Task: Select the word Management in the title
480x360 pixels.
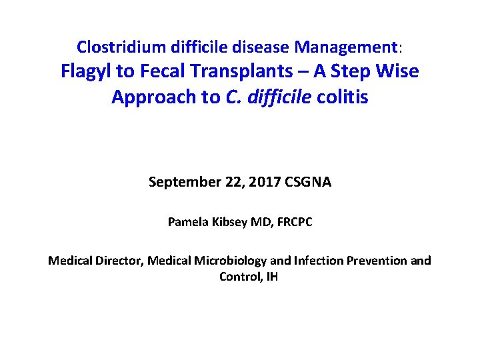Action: (x=346, y=47)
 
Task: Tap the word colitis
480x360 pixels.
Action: (x=343, y=97)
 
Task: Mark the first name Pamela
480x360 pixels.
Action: (x=187, y=222)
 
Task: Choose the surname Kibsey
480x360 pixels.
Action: (x=231, y=222)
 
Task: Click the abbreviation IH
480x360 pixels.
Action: (x=271, y=276)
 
